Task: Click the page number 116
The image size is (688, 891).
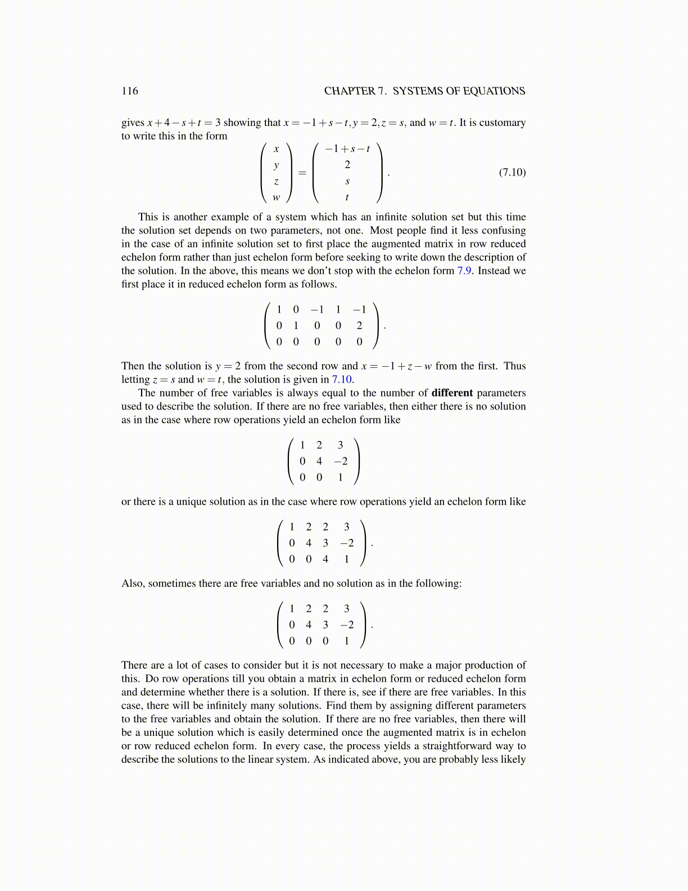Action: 129,91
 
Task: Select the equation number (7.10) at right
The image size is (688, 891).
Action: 512,172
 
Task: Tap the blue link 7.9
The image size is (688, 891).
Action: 464,271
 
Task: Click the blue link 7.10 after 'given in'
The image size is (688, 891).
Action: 342,379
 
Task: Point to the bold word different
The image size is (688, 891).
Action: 452,393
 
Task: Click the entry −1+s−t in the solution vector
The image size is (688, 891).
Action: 347,149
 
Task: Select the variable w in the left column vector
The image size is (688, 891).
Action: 276,197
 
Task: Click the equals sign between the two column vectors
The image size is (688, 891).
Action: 302,173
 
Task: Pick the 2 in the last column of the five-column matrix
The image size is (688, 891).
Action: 359,325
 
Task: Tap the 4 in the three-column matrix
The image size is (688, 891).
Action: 319,461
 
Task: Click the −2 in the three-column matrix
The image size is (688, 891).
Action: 341,461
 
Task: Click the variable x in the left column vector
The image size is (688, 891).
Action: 276,149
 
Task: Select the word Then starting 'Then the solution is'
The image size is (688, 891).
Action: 133,366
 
